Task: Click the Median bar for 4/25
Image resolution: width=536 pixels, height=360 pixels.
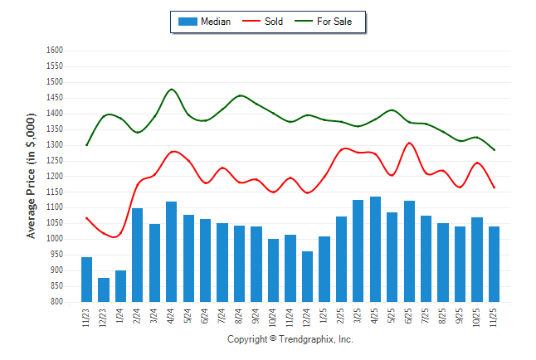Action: [376, 249]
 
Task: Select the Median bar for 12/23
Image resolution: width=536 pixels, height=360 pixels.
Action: [104, 289]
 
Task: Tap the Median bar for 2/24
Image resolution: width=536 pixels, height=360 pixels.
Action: [138, 255]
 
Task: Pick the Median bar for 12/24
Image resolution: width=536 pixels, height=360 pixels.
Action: [308, 276]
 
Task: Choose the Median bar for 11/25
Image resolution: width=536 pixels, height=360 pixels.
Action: [495, 264]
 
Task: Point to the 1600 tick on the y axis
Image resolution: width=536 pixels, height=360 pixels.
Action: [54, 51]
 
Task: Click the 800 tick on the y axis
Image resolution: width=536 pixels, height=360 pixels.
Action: [56, 302]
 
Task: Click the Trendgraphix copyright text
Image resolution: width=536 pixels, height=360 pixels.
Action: [290, 339]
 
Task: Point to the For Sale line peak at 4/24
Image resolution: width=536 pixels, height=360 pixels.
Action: [172, 89]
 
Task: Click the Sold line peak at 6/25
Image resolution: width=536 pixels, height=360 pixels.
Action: [410, 143]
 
